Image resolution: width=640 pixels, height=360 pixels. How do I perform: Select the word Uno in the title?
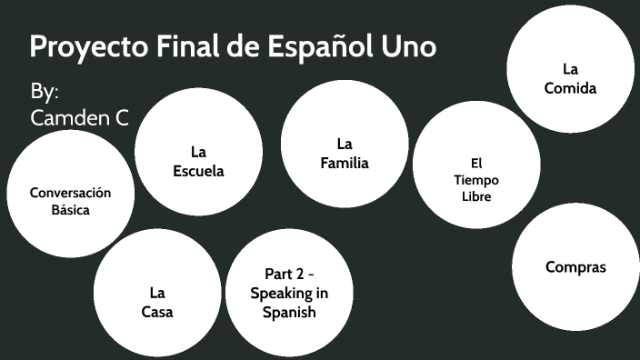(x=403, y=47)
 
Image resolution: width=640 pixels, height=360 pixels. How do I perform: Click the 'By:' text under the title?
(x=45, y=92)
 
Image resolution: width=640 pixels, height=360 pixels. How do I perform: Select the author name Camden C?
(x=79, y=117)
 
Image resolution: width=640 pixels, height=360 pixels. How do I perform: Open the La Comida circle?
(x=571, y=69)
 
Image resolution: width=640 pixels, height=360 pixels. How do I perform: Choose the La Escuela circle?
(x=198, y=152)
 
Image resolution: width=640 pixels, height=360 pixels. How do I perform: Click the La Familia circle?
(x=345, y=145)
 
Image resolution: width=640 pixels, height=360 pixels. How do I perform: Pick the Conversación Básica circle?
(x=70, y=193)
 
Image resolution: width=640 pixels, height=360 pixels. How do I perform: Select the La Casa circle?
(x=157, y=293)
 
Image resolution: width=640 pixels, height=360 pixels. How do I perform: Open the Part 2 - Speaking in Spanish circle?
(x=289, y=293)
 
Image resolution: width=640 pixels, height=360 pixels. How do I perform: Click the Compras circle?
(x=575, y=267)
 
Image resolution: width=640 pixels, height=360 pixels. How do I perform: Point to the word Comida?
(x=571, y=88)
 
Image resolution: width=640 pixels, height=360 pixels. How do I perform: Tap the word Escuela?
(x=198, y=170)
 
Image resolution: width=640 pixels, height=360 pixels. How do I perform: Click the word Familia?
(x=345, y=164)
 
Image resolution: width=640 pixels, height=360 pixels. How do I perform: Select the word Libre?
(x=475, y=196)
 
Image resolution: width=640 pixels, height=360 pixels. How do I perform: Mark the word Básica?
(x=70, y=210)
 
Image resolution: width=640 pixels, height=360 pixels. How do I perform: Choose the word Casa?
(x=157, y=312)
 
